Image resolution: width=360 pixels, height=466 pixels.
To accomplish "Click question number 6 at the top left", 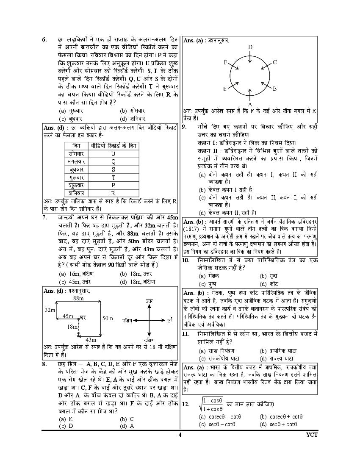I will [x=44, y=40].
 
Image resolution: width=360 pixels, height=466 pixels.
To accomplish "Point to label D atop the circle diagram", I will [x=250, y=47].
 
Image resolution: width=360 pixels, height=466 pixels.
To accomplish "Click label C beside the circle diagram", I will [x=274, y=62].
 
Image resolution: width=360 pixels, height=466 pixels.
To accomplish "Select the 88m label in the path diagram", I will [x=78, y=298].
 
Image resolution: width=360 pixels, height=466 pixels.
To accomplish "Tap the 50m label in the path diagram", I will [x=108, y=318].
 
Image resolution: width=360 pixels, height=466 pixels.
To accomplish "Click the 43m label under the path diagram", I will [x=91, y=340].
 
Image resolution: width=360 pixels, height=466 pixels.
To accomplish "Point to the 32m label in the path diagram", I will [x=50, y=310].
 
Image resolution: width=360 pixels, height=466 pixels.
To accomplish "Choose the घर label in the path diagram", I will [x=83, y=317].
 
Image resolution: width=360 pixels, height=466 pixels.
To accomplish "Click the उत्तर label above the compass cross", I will [x=149, y=300].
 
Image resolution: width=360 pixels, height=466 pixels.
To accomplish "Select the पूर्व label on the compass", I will [x=169, y=318].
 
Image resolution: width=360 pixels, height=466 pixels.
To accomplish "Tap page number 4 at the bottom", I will [x=180, y=435].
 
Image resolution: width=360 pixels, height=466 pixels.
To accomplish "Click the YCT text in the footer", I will [x=311, y=435].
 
